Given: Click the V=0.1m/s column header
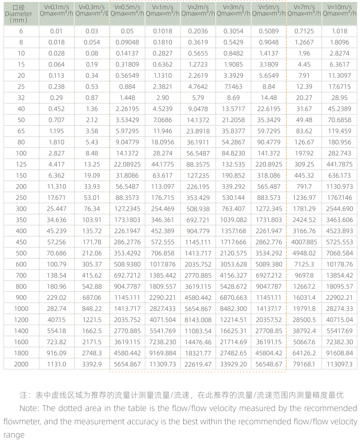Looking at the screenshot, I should [56, 10].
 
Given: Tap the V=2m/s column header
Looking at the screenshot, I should [198, 10].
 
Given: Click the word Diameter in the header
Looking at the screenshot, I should [21, 14].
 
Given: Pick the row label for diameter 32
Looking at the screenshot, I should [21, 98].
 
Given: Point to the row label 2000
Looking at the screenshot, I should [21, 364].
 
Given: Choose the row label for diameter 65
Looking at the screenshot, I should [21, 131].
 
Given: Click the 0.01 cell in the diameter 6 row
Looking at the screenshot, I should [56, 31].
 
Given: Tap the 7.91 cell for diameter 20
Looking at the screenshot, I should [304, 75].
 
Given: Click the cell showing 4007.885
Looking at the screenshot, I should [304, 242].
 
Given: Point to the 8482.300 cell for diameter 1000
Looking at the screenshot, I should [234, 309].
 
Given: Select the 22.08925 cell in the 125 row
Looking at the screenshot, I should [127, 164].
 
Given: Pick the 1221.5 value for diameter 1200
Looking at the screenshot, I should [92, 320].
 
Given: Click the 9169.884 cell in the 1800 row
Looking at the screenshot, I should [163, 353].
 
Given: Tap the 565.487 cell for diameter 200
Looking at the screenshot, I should [269, 187].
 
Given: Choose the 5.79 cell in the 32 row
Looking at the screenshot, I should [198, 98].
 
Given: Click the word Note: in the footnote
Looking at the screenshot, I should [29, 408].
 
